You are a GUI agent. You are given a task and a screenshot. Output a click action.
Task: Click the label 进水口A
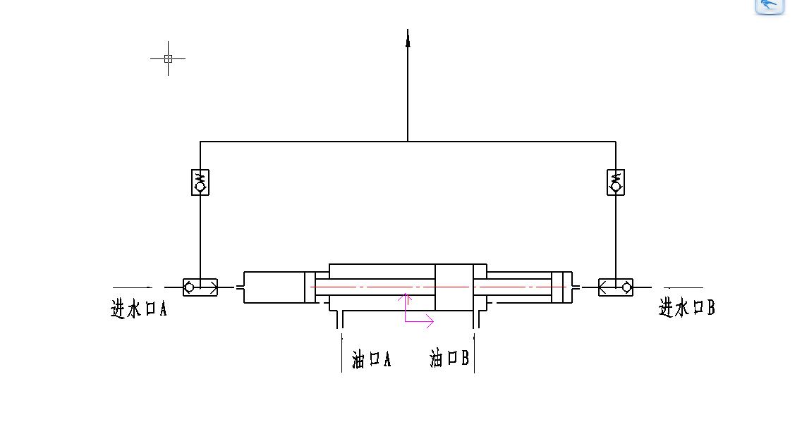coord(139,309)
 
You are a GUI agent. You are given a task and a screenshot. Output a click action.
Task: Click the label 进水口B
coord(686,308)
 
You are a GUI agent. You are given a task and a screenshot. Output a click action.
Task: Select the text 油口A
coord(371,359)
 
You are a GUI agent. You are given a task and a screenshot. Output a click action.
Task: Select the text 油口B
coord(449,358)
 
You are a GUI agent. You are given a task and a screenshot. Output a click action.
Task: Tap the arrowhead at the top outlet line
coord(408,38)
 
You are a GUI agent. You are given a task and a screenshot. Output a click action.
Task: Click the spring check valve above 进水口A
coord(200,182)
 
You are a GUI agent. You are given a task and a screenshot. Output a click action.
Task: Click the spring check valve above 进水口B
coord(616,182)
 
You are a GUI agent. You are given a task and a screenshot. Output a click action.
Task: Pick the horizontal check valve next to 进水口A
coord(200,287)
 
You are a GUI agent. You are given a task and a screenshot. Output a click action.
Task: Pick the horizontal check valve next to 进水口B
coord(616,287)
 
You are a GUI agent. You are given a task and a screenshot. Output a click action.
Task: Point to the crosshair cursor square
coord(168,58)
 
